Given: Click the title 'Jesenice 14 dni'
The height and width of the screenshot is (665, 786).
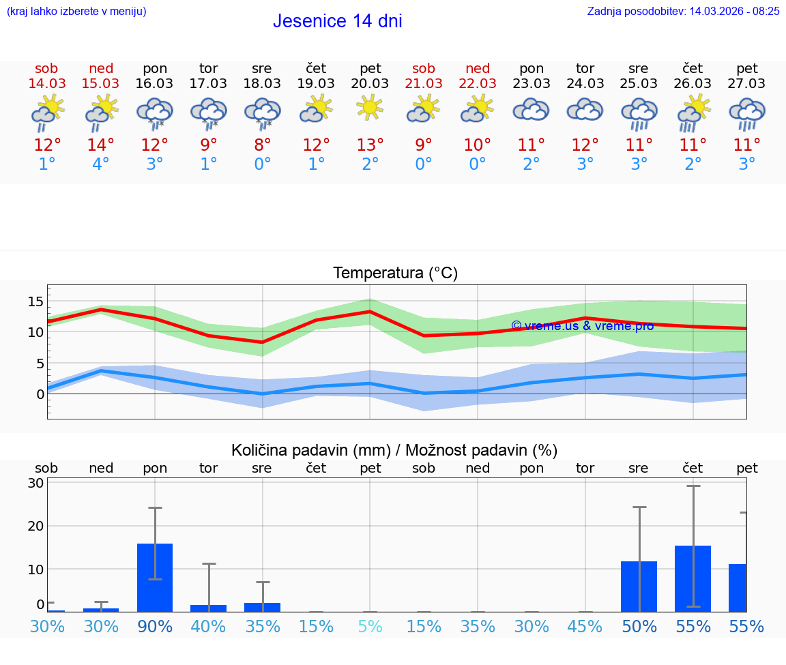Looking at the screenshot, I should tap(337, 21).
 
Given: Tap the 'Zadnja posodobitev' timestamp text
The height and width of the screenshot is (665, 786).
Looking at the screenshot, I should tap(683, 11).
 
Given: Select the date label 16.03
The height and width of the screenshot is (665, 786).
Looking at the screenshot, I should tap(155, 83).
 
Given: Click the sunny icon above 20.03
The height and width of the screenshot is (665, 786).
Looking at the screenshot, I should tap(370, 108).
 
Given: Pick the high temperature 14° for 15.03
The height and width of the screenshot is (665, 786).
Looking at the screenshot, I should tap(100, 145).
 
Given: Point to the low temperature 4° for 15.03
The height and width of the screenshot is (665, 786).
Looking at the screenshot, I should tap(100, 164).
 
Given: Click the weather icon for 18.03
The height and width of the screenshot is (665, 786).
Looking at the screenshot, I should tap(263, 112).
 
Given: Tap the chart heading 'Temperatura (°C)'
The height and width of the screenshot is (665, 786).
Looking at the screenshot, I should tap(395, 274).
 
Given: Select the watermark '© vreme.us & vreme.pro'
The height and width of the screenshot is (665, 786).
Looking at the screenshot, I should tap(582, 326).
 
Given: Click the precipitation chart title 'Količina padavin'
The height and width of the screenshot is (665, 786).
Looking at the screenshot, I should tap(394, 450).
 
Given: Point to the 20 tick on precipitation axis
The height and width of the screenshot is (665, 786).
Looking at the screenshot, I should tap(36, 526).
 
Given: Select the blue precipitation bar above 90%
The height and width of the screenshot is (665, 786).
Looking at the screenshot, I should tap(155, 577).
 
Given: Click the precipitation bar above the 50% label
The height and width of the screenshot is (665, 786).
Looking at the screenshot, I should tap(639, 586).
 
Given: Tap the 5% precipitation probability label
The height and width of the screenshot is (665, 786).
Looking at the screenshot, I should tap(370, 627).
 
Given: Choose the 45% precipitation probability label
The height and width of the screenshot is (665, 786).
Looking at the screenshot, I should tap(585, 627).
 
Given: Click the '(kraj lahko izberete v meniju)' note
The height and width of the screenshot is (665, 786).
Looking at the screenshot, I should tap(76, 11).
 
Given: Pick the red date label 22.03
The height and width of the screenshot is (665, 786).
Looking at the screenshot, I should tap(478, 83).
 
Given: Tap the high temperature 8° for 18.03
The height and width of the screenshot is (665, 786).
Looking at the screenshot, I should tap(263, 145).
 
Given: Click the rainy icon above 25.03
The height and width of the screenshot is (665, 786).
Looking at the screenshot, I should tap(639, 113).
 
